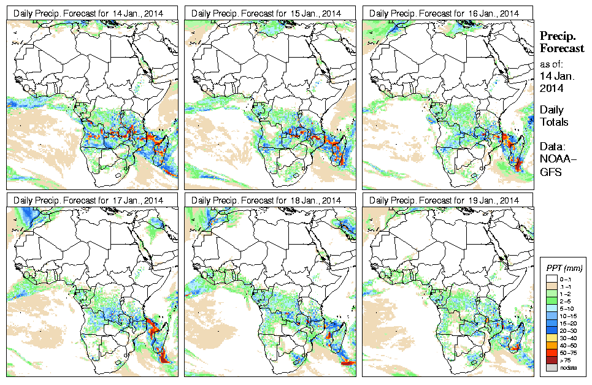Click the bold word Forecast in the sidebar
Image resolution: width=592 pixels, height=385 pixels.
coord(562,48)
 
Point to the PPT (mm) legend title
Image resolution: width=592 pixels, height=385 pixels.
coord(564,269)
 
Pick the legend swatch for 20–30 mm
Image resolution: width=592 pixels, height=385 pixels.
coord(552,330)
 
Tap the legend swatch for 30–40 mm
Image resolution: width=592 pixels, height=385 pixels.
coord(552,338)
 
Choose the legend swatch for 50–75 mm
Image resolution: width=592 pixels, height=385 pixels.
coord(552,353)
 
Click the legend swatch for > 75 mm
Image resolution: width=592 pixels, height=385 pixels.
coord(552,360)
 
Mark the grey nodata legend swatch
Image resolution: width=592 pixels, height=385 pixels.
coord(552,367)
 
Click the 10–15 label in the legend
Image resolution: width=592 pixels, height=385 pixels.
coord(569,316)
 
